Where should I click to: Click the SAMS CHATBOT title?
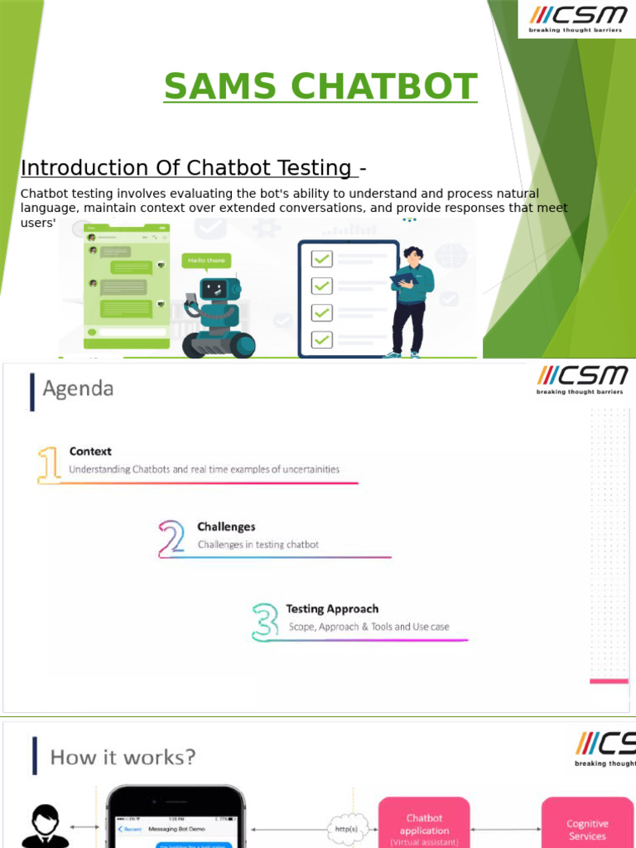coord(320,87)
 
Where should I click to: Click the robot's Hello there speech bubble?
coord(206,260)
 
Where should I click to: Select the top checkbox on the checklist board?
coord(321,259)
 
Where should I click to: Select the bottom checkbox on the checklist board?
coord(321,340)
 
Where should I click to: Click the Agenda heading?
coord(78,388)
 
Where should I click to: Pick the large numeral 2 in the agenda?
coord(172,538)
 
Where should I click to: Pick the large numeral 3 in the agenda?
coord(266,621)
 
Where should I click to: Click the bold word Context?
coord(90,451)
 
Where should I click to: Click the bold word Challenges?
coord(226,527)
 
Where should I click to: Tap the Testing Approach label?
coord(331,609)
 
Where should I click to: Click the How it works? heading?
coord(123,757)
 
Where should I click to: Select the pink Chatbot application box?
coord(424,824)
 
